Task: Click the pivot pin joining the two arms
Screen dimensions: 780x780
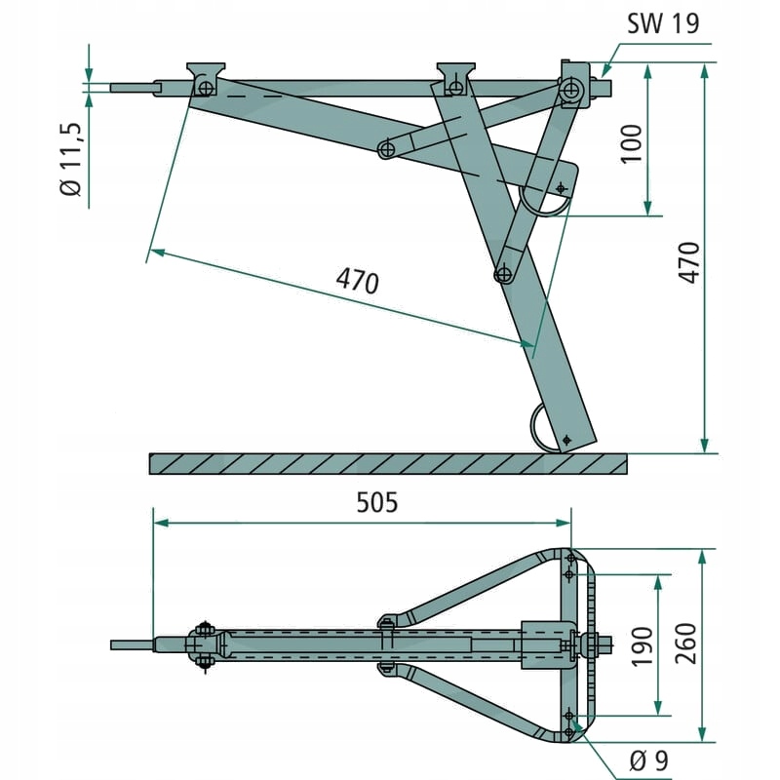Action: pyautogui.click(x=387, y=149)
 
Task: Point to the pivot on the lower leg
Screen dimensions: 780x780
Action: pyautogui.click(x=503, y=274)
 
